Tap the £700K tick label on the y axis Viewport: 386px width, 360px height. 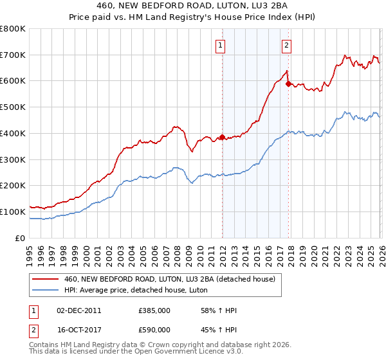(x=13, y=55)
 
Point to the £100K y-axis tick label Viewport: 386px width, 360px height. (x=13, y=212)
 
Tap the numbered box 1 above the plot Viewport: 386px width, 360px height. (x=221, y=45)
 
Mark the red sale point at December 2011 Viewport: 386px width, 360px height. (x=222, y=137)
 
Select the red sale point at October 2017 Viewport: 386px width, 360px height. (x=288, y=84)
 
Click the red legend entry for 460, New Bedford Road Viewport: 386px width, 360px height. (x=170, y=279)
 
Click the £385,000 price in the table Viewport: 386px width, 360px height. (x=154, y=310)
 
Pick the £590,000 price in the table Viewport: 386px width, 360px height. (x=154, y=329)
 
